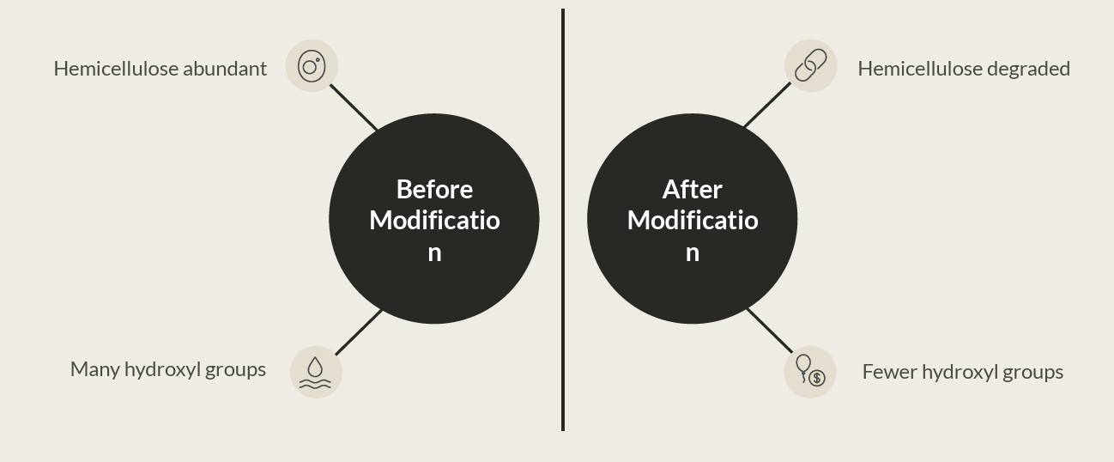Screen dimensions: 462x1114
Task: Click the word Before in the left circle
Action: click(434, 189)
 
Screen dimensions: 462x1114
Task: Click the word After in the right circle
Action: click(692, 189)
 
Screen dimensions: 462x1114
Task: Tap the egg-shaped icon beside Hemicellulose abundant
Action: click(312, 65)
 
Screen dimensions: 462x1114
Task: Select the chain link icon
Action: click(810, 65)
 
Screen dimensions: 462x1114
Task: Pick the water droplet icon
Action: click(316, 372)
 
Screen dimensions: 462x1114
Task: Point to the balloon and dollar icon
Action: click(809, 372)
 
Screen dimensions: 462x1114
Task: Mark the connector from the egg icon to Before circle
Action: click(354, 107)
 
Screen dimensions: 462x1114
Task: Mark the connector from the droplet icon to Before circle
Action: click(358, 332)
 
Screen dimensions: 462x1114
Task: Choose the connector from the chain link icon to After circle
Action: click(766, 106)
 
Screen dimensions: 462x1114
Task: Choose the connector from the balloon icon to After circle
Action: click(768, 330)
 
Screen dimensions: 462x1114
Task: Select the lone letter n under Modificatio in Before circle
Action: click(434, 253)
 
